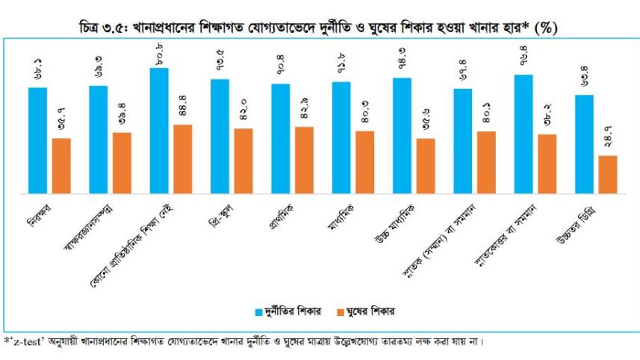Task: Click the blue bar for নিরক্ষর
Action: (x=37, y=140)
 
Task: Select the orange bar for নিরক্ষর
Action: (x=61, y=166)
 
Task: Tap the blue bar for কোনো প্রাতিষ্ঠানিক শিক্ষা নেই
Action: (x=159, y=131)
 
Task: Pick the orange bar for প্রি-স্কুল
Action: (x=243, y=161)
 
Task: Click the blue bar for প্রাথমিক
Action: (x=281, y=138)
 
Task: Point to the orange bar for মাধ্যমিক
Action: (x=365, y=162)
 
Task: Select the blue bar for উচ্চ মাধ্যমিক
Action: (x=403, y=135)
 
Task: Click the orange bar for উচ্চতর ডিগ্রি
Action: (x=608, y=174)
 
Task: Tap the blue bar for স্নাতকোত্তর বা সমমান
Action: (x=524, y=134)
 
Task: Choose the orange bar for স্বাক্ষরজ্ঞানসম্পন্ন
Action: (x=122, y=163)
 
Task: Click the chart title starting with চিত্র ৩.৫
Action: (x=320, y=28)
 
